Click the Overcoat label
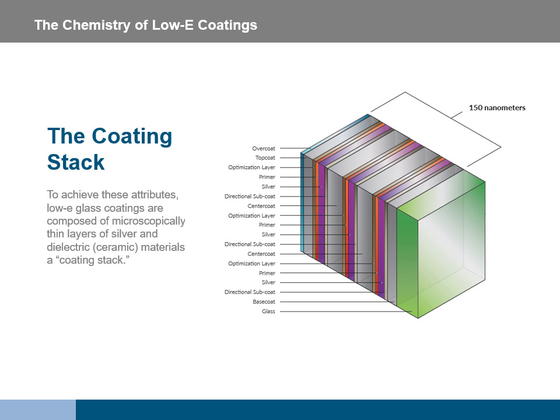click(264, 148)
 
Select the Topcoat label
click(265, 157)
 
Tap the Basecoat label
click(264, 302)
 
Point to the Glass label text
click(268, 311)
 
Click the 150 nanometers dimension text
click(497, 107)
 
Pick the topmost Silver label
click(268, 187)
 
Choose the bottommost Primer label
click(267, 273)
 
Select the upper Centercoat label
click(261, 206)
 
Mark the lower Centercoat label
click(261, 254)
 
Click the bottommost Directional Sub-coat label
click(250, 292)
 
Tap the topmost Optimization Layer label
click(251, 167)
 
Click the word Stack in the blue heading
click(76, 162)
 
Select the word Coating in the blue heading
click(132, 136)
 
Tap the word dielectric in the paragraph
click(66, 247)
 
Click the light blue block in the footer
click(38, 409)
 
